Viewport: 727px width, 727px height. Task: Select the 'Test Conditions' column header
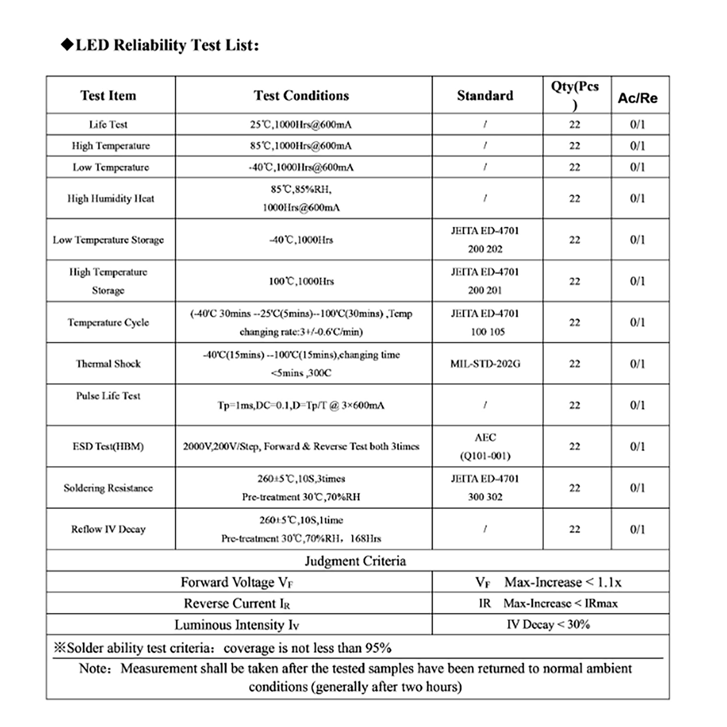[x=301, y=95]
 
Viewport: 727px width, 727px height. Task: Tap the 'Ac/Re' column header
[x=637, y=98]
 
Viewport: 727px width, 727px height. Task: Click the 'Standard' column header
[x=485, y=95]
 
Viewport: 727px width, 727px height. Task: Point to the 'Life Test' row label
[x=108, y=124]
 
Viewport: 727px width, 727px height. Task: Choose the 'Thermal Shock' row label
[x=108, y=363]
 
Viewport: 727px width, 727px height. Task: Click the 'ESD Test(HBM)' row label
[x=108, y=446]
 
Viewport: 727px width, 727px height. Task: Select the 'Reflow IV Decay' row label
[x=108, y=529]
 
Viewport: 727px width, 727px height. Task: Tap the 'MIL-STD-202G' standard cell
[x=485, y=363]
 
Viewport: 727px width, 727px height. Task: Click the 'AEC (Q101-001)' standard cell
[x=485, y=446]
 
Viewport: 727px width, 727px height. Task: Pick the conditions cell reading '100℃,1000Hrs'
[x=301, y=281]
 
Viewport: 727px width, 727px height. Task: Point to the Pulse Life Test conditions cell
[x=301, y=405]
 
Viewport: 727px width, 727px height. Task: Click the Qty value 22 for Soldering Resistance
[x=575, y=488]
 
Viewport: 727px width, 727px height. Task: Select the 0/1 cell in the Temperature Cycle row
[x=637, y=322]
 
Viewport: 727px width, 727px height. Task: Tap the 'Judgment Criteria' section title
[x=355, y=561]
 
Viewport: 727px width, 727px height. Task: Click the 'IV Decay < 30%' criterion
[x=548, y=624]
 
